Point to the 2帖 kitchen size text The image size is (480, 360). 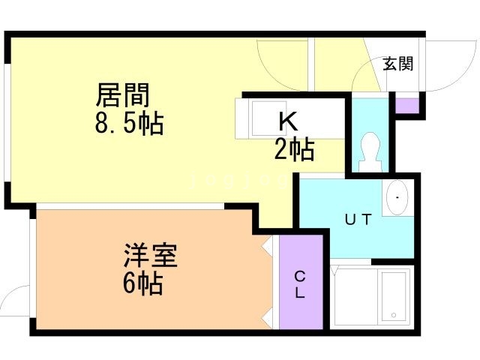point(293,150)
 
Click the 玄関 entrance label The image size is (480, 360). point(397,64)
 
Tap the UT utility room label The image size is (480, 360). point(358,220)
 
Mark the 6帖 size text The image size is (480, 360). point(142,284)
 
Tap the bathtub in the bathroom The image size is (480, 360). point(392,295)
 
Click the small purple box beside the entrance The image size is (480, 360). point(407,104)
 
